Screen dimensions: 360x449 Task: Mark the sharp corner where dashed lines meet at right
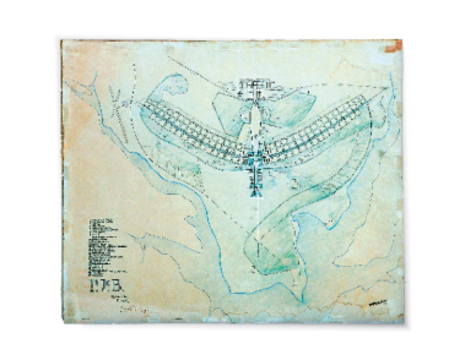pyautogui.click(x=389, y=88)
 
